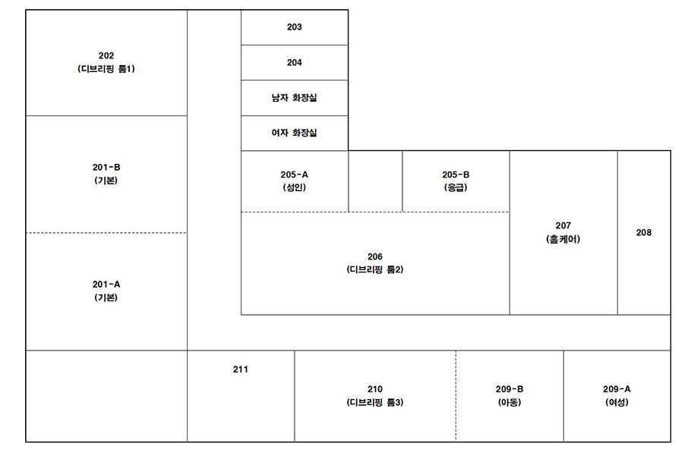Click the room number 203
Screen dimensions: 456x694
[295, 27]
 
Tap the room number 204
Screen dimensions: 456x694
[295, 63]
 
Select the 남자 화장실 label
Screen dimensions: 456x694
[295, 98]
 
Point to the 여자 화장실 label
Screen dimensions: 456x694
[295, 133]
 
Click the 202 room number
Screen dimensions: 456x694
[106, 55]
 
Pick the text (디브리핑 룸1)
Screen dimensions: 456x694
[106, 69]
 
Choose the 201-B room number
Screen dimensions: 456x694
[106, 168]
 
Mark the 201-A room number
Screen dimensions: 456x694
[106, 285]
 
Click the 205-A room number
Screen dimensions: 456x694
[295, 175]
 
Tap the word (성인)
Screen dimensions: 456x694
[295, 187]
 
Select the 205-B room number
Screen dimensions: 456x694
[456, 175]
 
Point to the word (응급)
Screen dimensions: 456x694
[456, 187]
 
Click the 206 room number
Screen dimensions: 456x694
[375, 256]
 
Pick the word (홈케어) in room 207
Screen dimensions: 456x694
[563, 239]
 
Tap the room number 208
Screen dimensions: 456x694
[644, 233]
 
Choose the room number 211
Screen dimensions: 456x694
[241, 370]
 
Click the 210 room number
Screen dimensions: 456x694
[375, 389]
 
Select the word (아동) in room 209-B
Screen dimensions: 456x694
[509, 403]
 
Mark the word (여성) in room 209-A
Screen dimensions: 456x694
[617, 403]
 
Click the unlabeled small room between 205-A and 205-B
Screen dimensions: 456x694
[375, 181]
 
